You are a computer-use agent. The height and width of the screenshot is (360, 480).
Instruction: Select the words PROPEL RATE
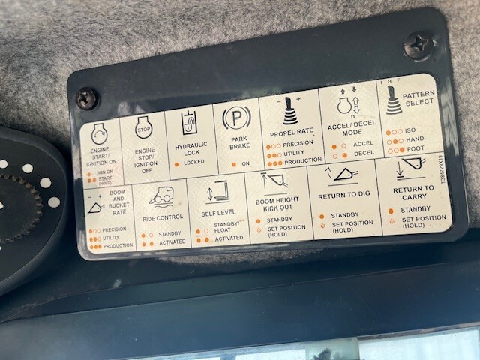click(292, 131)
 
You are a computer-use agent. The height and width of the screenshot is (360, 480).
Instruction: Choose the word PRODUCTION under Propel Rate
click(303, 160)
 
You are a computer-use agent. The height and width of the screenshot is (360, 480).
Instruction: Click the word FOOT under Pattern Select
click(415, 149)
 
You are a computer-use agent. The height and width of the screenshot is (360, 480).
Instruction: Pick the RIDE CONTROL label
click(162, 218)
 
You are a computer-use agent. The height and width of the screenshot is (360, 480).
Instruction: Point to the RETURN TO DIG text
click(343, 196)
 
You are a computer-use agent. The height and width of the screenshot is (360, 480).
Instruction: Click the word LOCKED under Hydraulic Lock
click(194, 162)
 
